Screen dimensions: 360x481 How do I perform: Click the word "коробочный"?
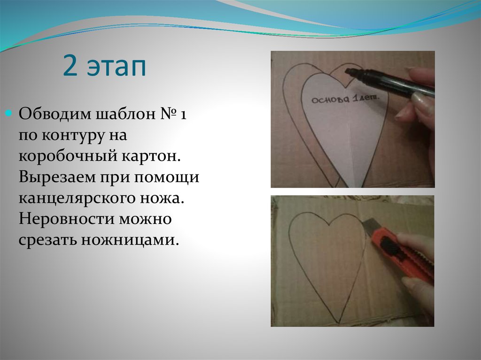pyautogui.click(x=64, y=156)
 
